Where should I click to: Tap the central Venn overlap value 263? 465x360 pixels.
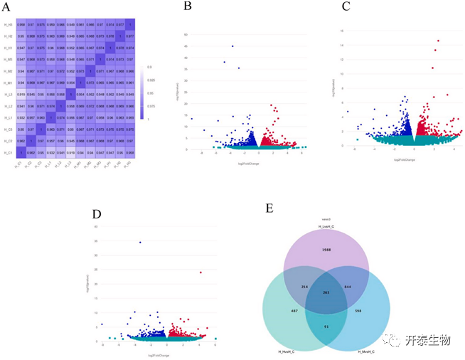tap(327, 293)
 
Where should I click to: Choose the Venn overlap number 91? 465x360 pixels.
tap(327, 326)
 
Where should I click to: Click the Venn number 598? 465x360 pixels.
tap(368, 311)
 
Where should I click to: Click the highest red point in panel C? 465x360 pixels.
tap(439, 41)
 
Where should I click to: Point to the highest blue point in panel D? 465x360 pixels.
tap(140, 243)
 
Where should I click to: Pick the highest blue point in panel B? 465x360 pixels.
tap(232, 46)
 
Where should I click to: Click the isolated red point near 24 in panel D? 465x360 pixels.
tap(201, 272)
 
